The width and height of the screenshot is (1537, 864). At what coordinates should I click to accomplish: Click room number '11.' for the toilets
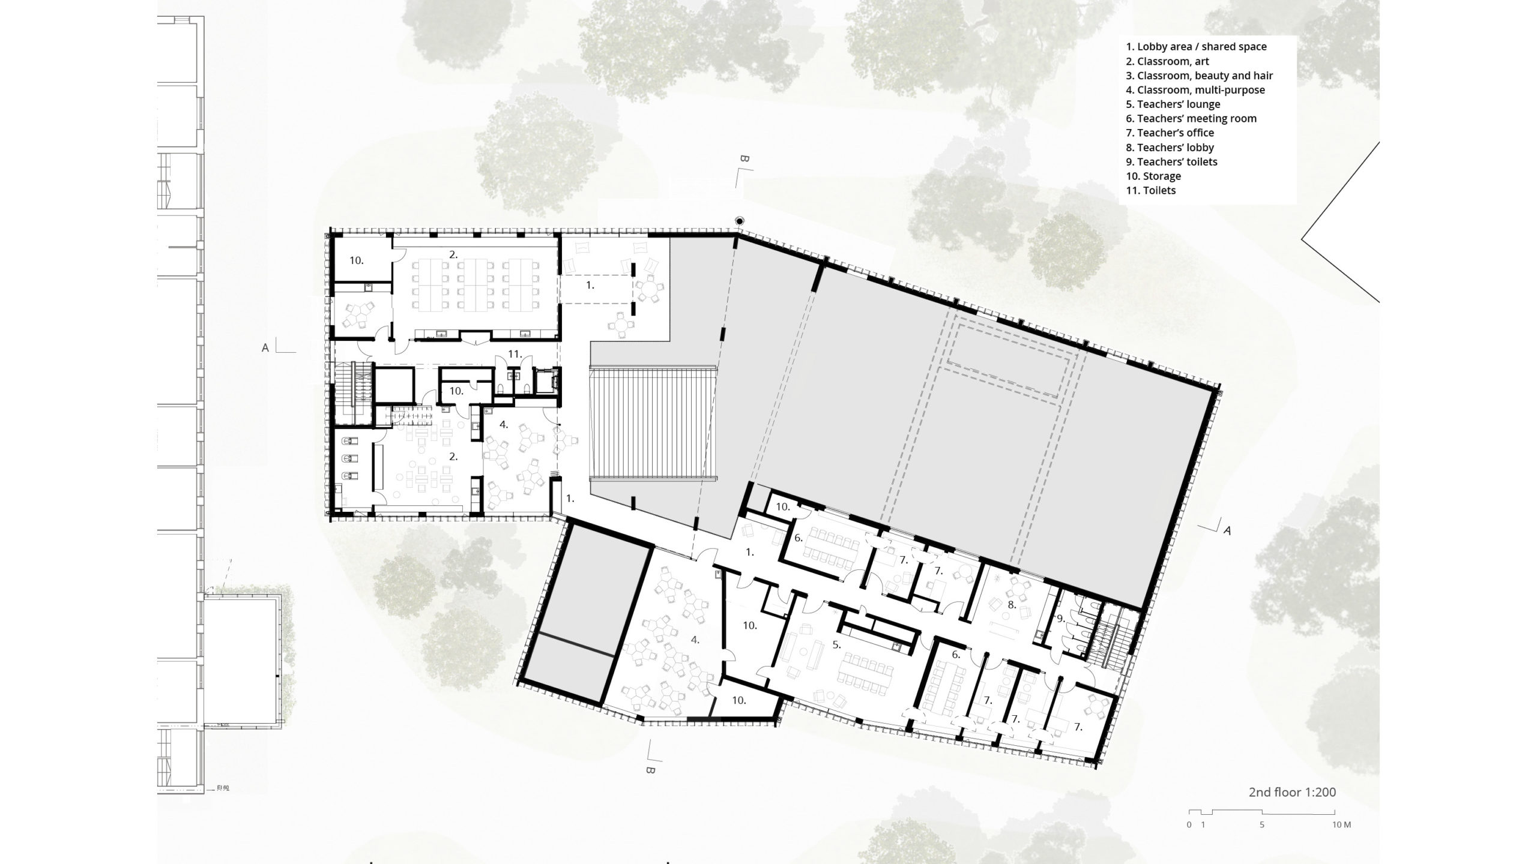coord(515,354)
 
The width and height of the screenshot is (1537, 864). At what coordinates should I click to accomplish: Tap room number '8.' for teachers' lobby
coord(1012,605)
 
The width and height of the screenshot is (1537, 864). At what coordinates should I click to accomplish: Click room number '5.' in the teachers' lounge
coord(836,645)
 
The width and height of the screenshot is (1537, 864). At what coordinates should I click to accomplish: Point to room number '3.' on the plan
coord(453,456)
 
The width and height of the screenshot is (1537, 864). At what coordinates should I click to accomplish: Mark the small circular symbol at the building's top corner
coord(740,221)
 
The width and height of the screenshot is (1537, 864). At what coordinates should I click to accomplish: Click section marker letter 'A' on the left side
coord(265,347)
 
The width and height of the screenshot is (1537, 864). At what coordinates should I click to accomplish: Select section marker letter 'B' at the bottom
coord(649,770)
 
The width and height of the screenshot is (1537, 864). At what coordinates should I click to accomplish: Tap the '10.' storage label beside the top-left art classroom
coord(357,260)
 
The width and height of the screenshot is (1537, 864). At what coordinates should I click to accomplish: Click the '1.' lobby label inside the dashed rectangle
coord(590,286)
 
